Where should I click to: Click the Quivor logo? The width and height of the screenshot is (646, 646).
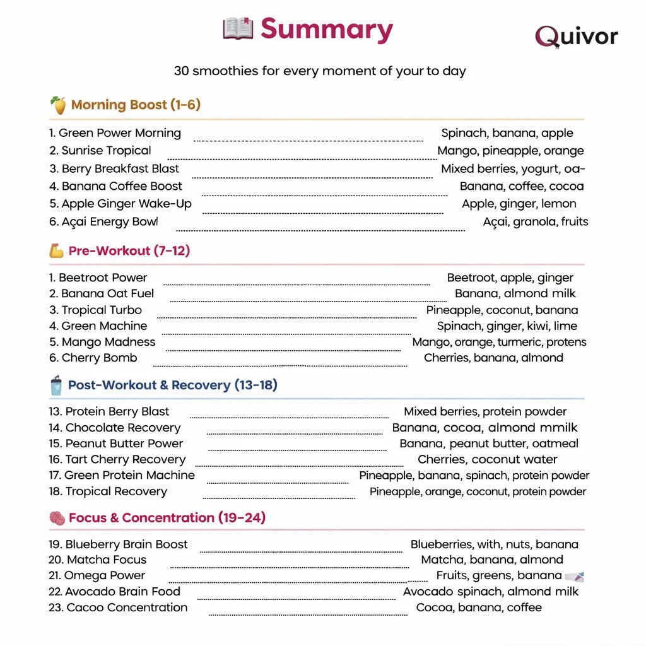point(576,36)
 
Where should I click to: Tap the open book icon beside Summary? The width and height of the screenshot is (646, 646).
point(238,29)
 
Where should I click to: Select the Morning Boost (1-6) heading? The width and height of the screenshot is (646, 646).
point(136,105)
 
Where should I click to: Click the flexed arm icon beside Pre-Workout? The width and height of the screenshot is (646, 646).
point(57,251)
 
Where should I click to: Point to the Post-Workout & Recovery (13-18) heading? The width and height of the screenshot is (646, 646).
point(172,385)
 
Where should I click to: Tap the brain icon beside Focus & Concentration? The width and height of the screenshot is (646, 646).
point(57,519)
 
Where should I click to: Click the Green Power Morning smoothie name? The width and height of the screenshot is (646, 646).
point(115,133)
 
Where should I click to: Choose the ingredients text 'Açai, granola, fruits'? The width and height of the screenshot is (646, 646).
point(535,221)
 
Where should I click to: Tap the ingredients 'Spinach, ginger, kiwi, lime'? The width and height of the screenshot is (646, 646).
point(507,326)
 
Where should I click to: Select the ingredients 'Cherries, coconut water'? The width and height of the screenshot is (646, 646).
point(487,459)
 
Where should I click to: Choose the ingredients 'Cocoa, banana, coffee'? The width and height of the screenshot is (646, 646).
point(479,608)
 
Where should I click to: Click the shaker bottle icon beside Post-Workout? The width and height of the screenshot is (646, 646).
point(56,385)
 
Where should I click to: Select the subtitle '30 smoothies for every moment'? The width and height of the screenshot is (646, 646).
point(320,71)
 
